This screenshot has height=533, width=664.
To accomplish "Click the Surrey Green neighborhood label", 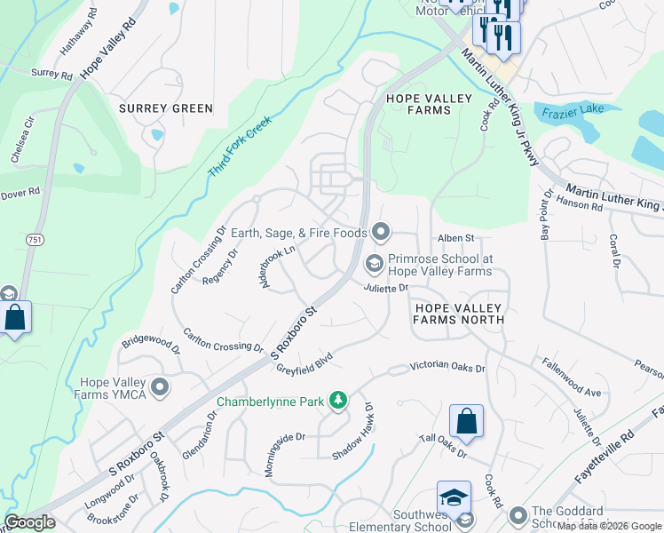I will point(166,108).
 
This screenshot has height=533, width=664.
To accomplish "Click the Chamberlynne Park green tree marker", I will point(337,402).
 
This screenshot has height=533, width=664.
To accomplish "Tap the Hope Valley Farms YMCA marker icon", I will point(161,386).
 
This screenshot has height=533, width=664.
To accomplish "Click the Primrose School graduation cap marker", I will point(375,262).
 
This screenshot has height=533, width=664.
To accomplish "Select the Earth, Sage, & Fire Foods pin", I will point(382,233).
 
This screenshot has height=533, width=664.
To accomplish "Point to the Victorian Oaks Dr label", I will point(447,368).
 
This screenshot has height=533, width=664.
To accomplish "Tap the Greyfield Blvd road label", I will point(303,359).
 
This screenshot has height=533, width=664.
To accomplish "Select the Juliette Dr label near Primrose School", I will point(385,288).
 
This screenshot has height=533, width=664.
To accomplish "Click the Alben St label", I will point(457,238).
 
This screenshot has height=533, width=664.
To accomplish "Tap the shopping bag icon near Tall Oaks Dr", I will point(466,421).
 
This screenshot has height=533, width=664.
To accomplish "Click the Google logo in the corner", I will point(30,522).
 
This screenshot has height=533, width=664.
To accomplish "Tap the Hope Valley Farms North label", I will point(458,312).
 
